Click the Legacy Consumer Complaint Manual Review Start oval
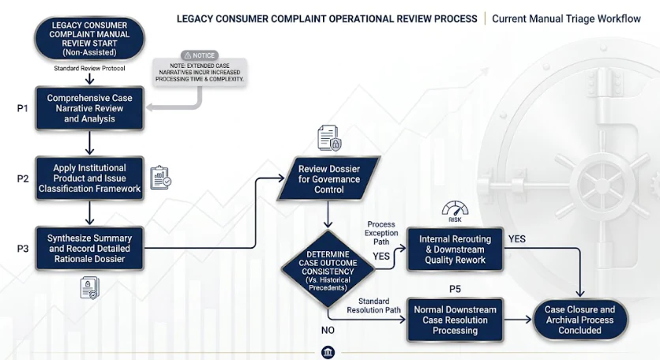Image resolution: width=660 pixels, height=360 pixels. pos(89,39)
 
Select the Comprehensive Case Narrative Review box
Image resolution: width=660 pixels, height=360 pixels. pos(90,108)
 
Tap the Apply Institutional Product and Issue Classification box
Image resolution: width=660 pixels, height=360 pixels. pos(90,178)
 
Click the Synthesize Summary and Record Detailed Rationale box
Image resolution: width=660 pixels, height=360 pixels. pos(90,249)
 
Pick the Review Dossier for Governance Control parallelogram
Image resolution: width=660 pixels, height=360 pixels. pos(328,178)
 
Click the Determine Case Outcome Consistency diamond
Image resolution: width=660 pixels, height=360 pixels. pos(328,269)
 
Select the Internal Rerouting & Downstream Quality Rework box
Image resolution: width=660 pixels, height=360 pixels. pos(455,249)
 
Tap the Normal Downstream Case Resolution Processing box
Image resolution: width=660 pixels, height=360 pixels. pos(455,320)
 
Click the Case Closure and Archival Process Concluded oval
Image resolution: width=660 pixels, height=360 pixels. pos(580,320)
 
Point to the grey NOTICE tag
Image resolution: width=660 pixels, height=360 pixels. pos(200,55)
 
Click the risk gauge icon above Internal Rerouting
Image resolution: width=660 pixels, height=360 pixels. pos(455,212)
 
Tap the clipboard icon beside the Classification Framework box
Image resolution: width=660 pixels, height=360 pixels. pos(160,178)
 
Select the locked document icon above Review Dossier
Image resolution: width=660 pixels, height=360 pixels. pos(329,137)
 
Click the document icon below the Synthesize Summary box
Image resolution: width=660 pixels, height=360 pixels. pos(90,287)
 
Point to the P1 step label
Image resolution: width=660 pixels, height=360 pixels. pos(23,108)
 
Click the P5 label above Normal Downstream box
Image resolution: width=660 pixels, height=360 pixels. pos(455,289)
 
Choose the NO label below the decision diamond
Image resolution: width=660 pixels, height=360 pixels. pos(328,330)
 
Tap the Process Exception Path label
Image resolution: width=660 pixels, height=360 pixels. pos(381,233)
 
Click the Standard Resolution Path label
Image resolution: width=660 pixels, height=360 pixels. pos(373,306)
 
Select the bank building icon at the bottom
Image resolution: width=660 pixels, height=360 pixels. pos(328,352)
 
